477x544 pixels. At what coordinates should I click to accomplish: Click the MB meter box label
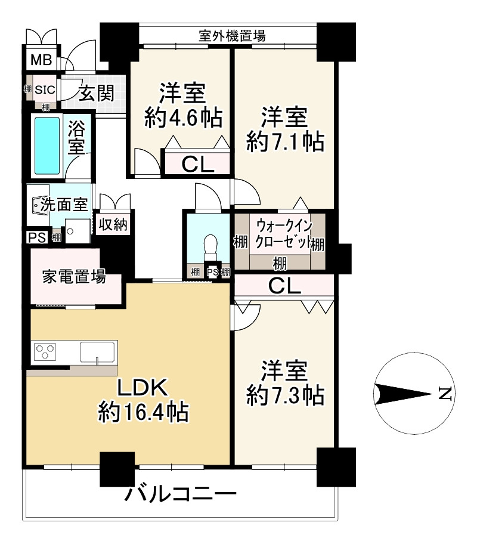(41, 60)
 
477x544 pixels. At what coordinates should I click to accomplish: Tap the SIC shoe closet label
(45, 90)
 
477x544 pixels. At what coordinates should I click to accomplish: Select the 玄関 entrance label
(97, 93)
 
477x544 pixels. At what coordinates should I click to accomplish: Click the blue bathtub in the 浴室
(47, 143)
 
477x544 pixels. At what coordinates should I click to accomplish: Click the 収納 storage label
(113, 225)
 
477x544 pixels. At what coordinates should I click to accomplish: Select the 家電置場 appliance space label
(74, 277)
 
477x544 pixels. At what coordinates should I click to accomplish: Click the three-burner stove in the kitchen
(45, 352)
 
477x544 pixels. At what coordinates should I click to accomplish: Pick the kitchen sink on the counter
(98, 352)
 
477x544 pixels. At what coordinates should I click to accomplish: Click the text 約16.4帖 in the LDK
(143, 411)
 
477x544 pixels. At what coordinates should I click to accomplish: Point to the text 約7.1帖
(286, 142)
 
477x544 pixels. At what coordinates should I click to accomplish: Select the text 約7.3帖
(286, 394)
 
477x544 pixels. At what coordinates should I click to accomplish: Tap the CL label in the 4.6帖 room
(197, 164)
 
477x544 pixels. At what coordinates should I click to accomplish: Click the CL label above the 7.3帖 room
(284, 286)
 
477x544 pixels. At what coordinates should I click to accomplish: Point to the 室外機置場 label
(232, 36)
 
